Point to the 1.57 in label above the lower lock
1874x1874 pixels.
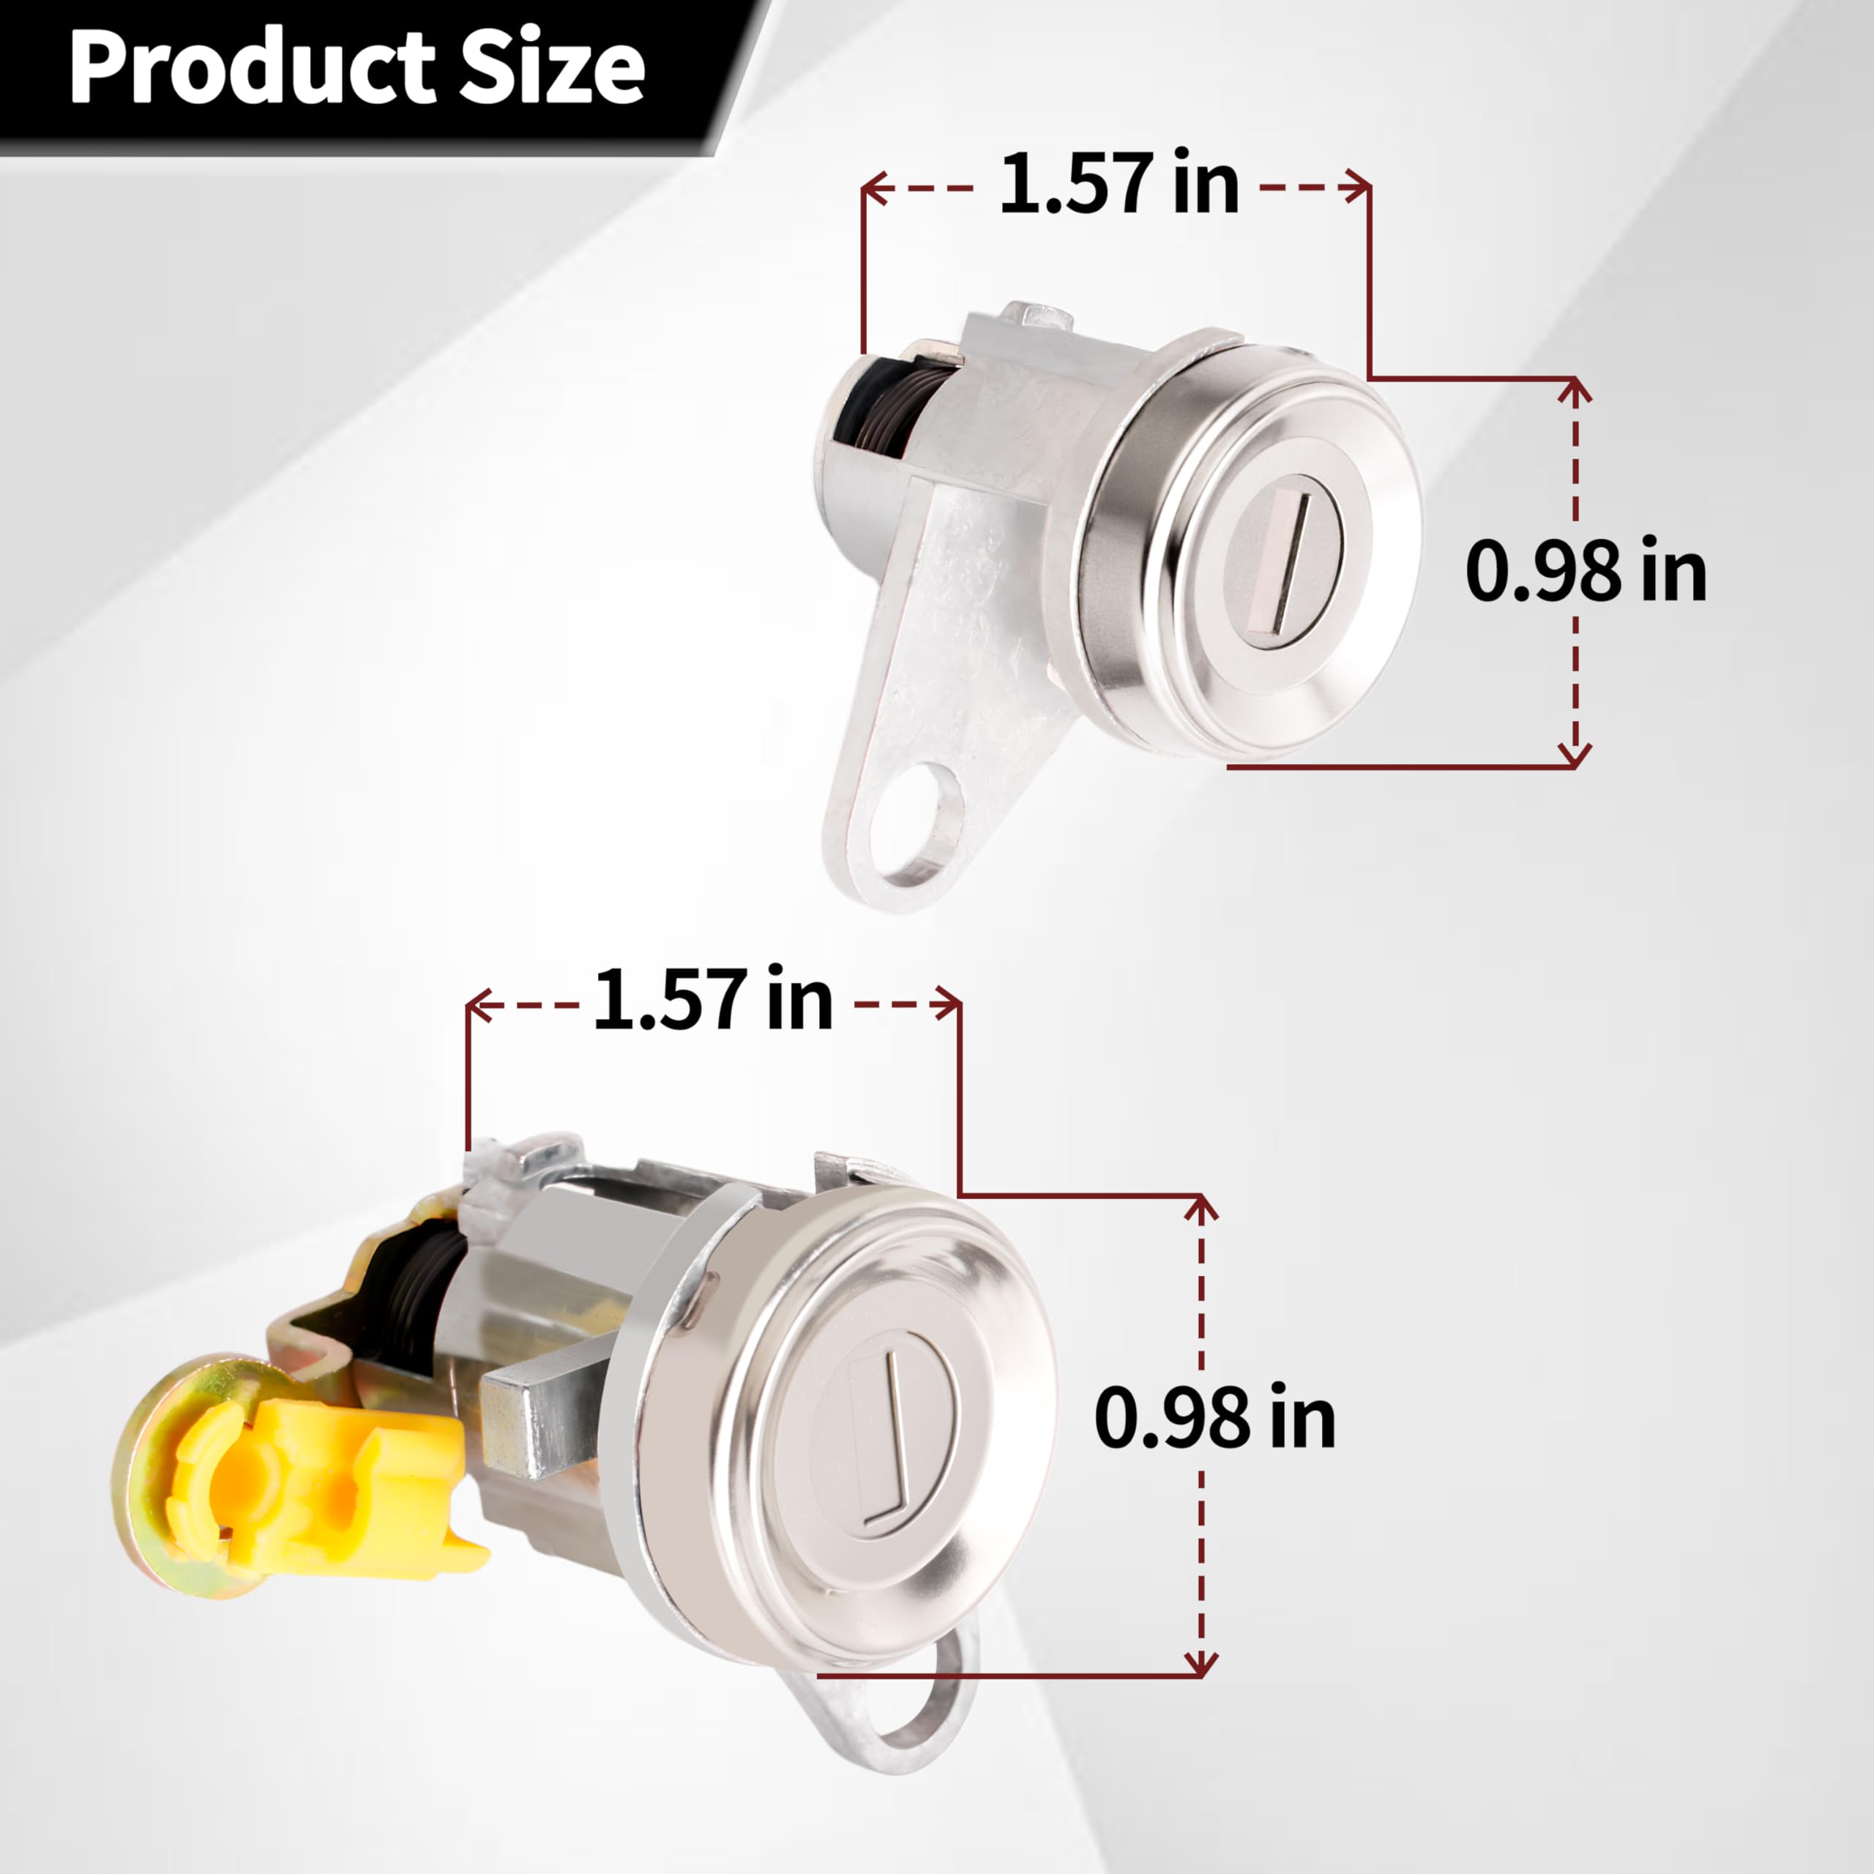tap(712, 1000)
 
